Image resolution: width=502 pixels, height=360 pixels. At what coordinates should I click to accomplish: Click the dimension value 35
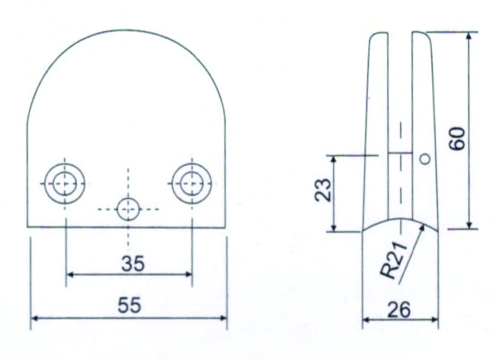(133, 264)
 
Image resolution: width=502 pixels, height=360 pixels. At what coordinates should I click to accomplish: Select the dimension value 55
(129, 305)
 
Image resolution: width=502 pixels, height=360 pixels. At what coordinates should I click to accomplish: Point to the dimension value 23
(323, 190)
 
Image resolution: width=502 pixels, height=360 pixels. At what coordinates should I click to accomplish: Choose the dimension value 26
(399, 310)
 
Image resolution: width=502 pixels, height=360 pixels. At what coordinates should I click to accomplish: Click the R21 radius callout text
(394, 260)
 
